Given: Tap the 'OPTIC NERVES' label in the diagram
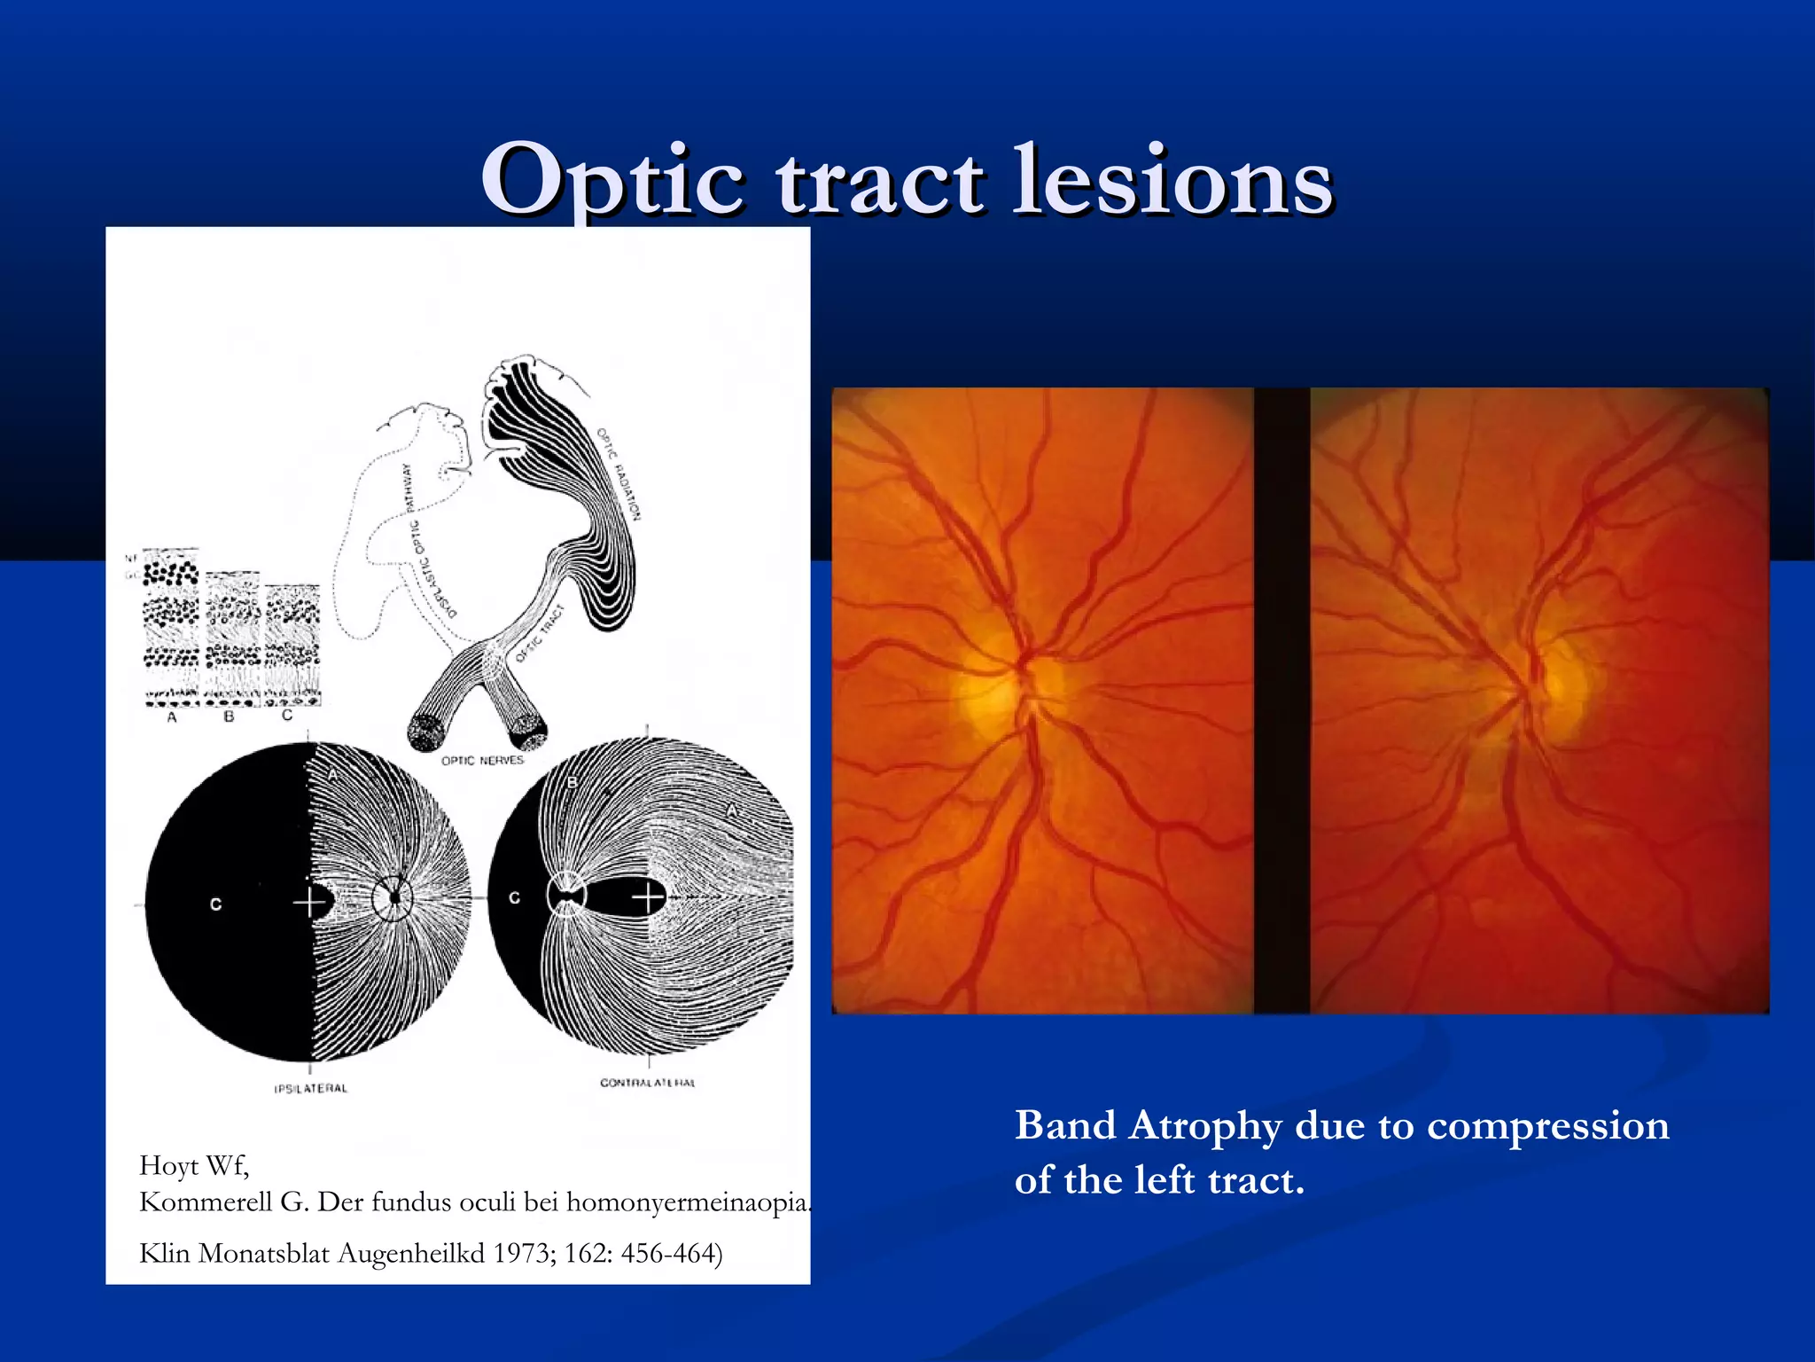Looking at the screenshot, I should (x=482, y=760).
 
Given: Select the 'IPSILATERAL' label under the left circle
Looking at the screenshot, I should (x=311, y=1088).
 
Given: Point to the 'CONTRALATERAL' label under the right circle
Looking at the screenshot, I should (x=648, y=1083).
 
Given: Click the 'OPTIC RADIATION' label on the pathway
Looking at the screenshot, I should (x=618, y=474).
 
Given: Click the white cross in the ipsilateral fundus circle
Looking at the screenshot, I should (x=308, y=904).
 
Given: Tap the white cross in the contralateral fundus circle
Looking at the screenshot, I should (x=648, y=897).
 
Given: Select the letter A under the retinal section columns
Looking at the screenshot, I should (x=172, y=716).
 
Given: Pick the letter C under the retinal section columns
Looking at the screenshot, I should (x=286, y=715).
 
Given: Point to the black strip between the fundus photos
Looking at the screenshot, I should (x=1281, y=701).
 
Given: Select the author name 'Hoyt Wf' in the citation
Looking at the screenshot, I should (x=194, y=1165).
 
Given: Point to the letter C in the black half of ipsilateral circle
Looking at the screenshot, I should (x=215, y=904).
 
